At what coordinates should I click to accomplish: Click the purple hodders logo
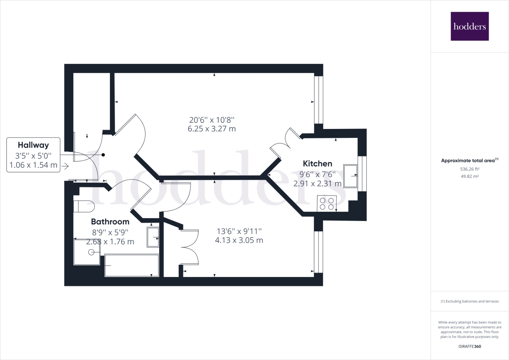click(x=470, y=26)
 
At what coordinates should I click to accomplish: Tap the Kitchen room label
click(x=317, y=164)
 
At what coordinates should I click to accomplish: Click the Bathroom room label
click(x=110, y=222)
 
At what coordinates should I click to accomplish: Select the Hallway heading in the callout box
click(x=33, y=145)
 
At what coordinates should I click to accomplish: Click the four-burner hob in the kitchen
click(x=327, y=204)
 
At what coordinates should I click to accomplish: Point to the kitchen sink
click(x=351, y=175)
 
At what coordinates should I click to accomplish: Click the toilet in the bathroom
click(x=84, y=206)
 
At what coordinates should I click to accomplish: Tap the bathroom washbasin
click(x=153, y=237)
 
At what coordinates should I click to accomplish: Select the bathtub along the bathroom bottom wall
click(x=132, y=265)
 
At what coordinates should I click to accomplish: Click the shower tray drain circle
click(x=91, y=252)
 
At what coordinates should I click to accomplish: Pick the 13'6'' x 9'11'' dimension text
click(x=239, y=231)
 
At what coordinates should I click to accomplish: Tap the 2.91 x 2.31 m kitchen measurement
click(x=317, y=184)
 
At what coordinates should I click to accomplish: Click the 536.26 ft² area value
click(x=470, y=169)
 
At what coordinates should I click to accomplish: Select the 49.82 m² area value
click(x=470, y=176)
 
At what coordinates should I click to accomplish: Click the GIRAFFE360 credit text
click(x=470, y=346)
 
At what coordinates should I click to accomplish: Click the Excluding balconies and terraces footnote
click(x=470, y=301)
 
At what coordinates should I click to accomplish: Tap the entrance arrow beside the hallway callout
click(x=65, y=166)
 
